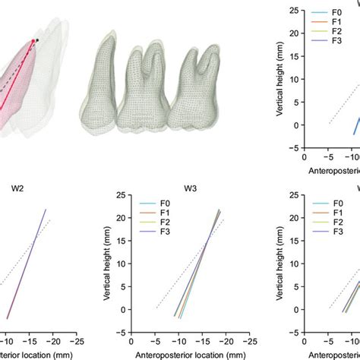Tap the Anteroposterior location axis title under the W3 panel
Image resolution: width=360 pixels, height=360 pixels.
(x=190, y=353)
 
